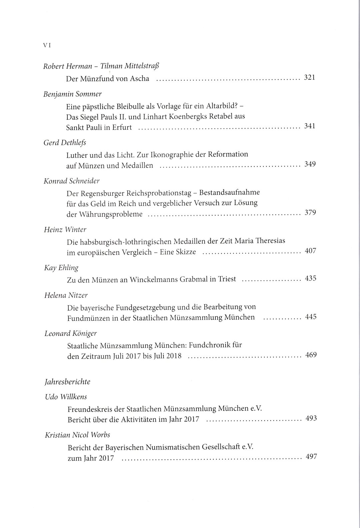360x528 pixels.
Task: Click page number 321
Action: (x=310, y=78)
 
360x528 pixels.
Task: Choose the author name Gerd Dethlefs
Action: (x=65, y=142)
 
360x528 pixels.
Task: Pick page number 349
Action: (x=310, y=164)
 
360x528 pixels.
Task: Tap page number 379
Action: (x=310, y=212)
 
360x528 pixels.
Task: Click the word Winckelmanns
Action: (x=157, y=279)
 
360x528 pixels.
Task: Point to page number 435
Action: (x=310, y=278)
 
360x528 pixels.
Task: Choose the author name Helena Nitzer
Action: (x=66, y=295)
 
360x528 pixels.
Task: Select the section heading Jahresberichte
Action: (x=67, y=382)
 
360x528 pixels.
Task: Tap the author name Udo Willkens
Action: (x=66, y=397)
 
